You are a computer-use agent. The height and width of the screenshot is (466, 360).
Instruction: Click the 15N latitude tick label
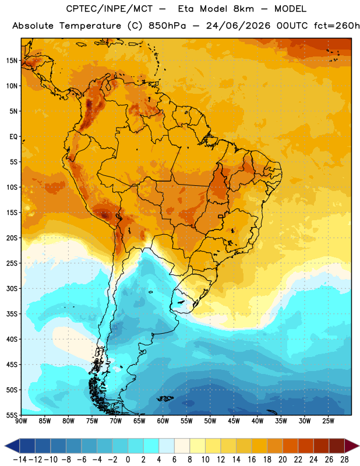tap(12, 61)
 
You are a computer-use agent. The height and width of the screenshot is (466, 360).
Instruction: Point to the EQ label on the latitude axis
tap(13, 137)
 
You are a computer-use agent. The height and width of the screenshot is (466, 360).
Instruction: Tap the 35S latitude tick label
tap(12, 314)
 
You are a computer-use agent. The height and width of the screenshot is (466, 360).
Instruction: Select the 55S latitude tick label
tap(12, 415)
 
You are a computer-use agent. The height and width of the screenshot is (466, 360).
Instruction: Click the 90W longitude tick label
tap(21, 421)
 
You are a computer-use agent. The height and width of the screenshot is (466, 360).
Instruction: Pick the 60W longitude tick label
tap(163, 421)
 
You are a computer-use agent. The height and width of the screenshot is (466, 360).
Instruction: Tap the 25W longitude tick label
tap(328, 421)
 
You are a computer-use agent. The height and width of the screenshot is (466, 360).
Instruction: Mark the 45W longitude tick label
tap(234, 421)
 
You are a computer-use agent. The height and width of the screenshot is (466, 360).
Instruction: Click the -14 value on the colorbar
tap(20, 460)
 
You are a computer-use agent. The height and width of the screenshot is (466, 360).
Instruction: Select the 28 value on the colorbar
tap(344, 460)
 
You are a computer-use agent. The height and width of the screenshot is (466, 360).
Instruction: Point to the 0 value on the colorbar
tap(128, 460)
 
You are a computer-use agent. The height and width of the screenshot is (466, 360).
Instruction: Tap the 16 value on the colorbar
tap(252, 460)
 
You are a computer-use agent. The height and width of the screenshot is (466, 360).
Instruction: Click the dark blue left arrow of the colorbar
tap(12, 446)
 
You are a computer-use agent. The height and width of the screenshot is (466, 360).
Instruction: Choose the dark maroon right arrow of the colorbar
tap(352, 446)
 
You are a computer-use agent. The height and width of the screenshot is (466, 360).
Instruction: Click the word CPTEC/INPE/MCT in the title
tap(109, 9)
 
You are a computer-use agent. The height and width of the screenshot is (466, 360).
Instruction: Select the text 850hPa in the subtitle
tap(167, 26)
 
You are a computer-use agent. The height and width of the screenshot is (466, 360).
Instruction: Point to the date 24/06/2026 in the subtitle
tap(238, 26)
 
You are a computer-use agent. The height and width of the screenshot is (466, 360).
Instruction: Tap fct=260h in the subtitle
tap(337, 26)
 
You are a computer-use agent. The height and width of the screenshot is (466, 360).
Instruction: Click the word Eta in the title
tap(186, 9)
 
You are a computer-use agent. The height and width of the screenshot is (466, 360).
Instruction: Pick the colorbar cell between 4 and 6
tap(167, 446)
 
